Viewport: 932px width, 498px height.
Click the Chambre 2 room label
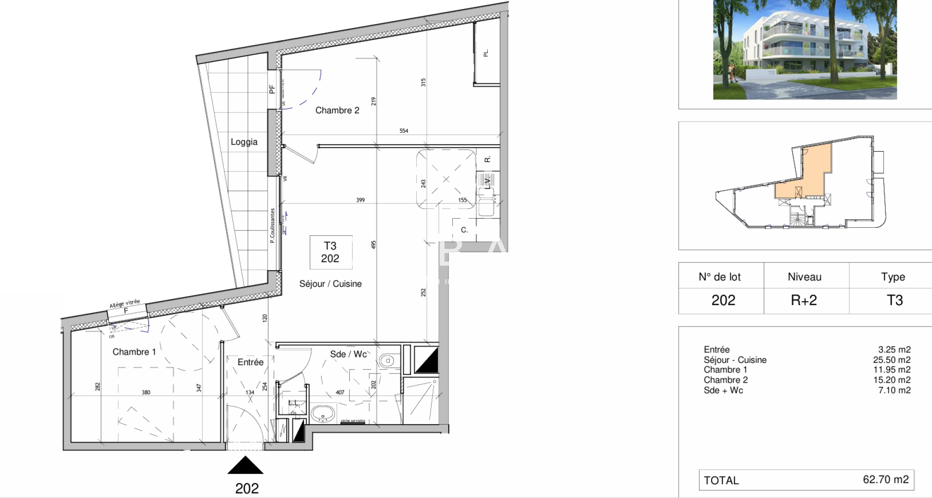pyautogui.click(x=337, y=110)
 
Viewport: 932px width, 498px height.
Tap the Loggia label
pyautogui.click(x=244, y=142)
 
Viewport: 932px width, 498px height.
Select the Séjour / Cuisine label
pyautogui.click(x=330, y=284)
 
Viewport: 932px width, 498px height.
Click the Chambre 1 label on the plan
pyautogui.click(x=134, y=352)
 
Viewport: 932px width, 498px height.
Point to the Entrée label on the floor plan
pyautogui.click(x=251, y=362)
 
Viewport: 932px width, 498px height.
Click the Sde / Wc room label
pyautogui.click(x=348, y=354)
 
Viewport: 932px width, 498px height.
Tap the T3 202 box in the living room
pyautogui.click(x=330, y=252)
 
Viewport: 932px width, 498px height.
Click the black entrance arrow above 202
pyautogui.click(x=245, y=466)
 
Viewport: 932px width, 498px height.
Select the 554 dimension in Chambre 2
pyautogui.click(x=404, y=131)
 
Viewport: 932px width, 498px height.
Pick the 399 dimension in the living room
pyautogui.click(x=360, y=200)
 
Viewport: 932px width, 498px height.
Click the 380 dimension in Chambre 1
pyautogui.click(x=146, y=392)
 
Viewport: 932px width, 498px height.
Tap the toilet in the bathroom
pyautogui.click(x=387, y=361)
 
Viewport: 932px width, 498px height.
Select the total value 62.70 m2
pyautogui.click(x=885, y=480)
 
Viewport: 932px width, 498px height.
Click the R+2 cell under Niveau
pyautogui.click(x=804, y=301)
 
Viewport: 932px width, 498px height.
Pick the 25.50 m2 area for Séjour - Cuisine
pyautogui.click(x=891, y=360)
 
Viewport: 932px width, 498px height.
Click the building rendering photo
pyautogui.click(x=805, y=49)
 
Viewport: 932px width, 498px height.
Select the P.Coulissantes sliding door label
pyautogui.click(x=273, y=225)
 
